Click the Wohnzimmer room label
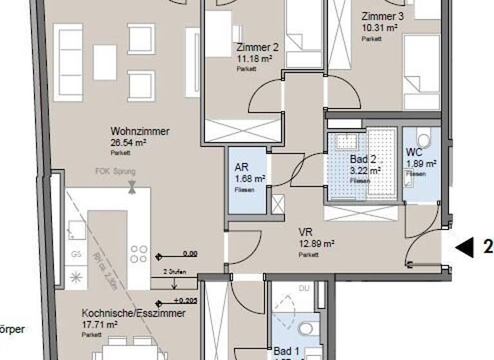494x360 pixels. tap(140, 131)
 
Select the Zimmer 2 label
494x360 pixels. tap(257, 47)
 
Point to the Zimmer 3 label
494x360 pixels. tap(383, 17)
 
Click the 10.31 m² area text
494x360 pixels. tap(380, 28)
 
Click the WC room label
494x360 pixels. tap(414, 152)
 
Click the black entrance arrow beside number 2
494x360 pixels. tap(464, 246)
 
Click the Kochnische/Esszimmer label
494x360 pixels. tap(133, 313)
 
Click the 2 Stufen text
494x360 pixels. tap(174, 272)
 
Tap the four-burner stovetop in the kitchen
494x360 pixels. tap(138, 254)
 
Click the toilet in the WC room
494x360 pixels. tap(423, 139)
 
